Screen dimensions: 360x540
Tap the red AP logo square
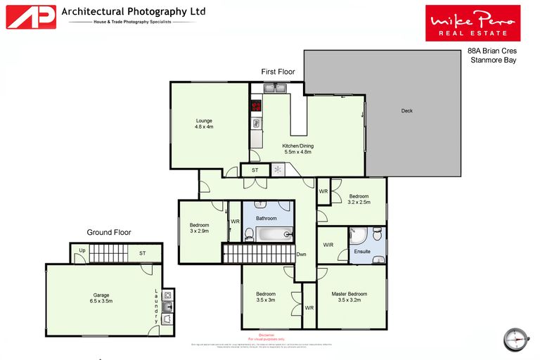pos(31,17)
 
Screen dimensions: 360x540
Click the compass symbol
pos(515,337)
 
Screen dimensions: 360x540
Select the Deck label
pos(407,111)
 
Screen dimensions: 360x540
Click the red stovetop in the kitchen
pos(256,107)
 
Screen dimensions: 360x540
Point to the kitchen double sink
pos(275,88)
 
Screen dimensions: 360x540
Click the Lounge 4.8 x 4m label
pos(204,124)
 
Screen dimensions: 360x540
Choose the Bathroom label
pos(266,219)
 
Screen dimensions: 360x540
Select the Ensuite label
pos(362,251)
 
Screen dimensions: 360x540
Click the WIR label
pos(328,245)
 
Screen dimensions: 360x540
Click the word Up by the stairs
pos(82,251)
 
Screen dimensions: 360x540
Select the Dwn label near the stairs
pos(301,255)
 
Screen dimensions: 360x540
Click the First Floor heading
pos(278,72)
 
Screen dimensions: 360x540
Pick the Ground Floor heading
pos(108,232)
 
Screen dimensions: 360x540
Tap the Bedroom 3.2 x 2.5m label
pos(359,200)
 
